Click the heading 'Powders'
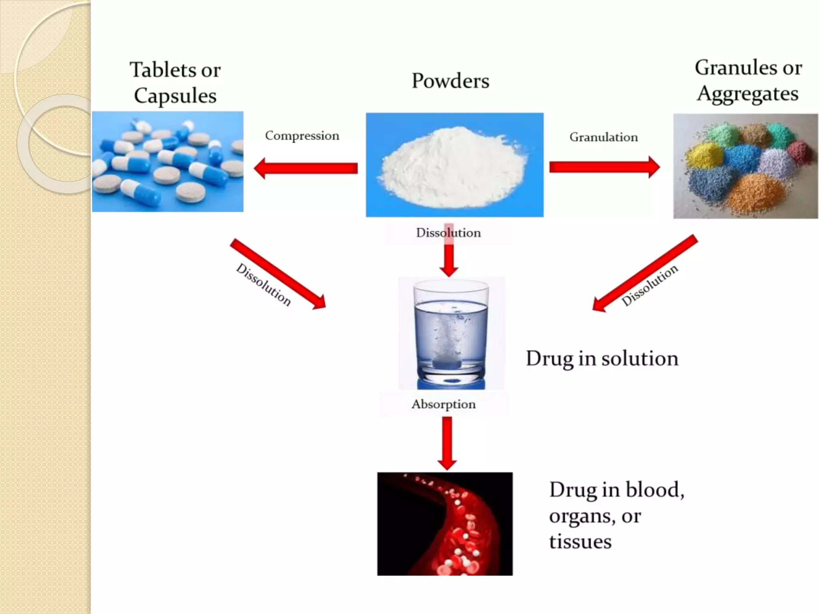click(450, 81)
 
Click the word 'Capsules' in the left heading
click(175, 96)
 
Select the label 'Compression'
click(302, 136)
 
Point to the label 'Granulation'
click(603, 138)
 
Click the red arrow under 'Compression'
click(306, 168)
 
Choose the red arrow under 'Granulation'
click(604, 167)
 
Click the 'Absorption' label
click(443, 404)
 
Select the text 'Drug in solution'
click(602, 359)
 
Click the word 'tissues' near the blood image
click(580, 542)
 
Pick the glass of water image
click(451, 334)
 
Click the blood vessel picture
click(445, 524)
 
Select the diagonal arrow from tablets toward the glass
click(278, 274)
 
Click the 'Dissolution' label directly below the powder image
click(448, 233)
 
